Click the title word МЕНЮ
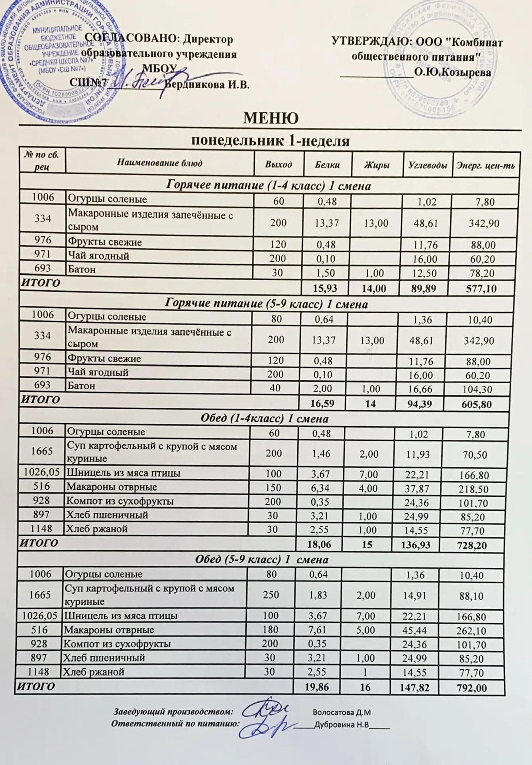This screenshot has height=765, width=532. pyautogui.click(x=271, y=118)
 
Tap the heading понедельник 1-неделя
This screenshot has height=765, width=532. pyautogui.click(x=271, y=141)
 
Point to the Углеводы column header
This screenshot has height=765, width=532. pyautogui.click(x=428, y=165)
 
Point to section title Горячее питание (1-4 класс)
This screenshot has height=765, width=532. pyautogui.click(x=268, y=185)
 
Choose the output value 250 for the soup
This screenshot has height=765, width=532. pyautogui.click(x=271, y=595)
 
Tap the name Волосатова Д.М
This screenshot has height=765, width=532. pyautogui.click(x=342, y=712)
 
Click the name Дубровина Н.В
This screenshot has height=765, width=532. pyautogui.click(x=342, y=725)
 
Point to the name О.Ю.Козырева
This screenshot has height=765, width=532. pyautogui.click(x=452, y=72)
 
